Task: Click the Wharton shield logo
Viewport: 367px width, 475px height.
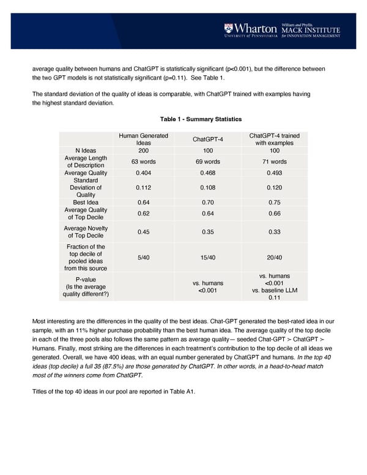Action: pyautogui.click(x=228, y=29)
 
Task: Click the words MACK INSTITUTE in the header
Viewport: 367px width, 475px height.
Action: pyautogui.click(x=310, y=29)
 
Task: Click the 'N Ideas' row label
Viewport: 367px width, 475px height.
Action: pyautogui.click(x=86, y=151)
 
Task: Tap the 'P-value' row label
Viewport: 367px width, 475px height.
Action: pyautogui.click(x=86, y=280)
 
